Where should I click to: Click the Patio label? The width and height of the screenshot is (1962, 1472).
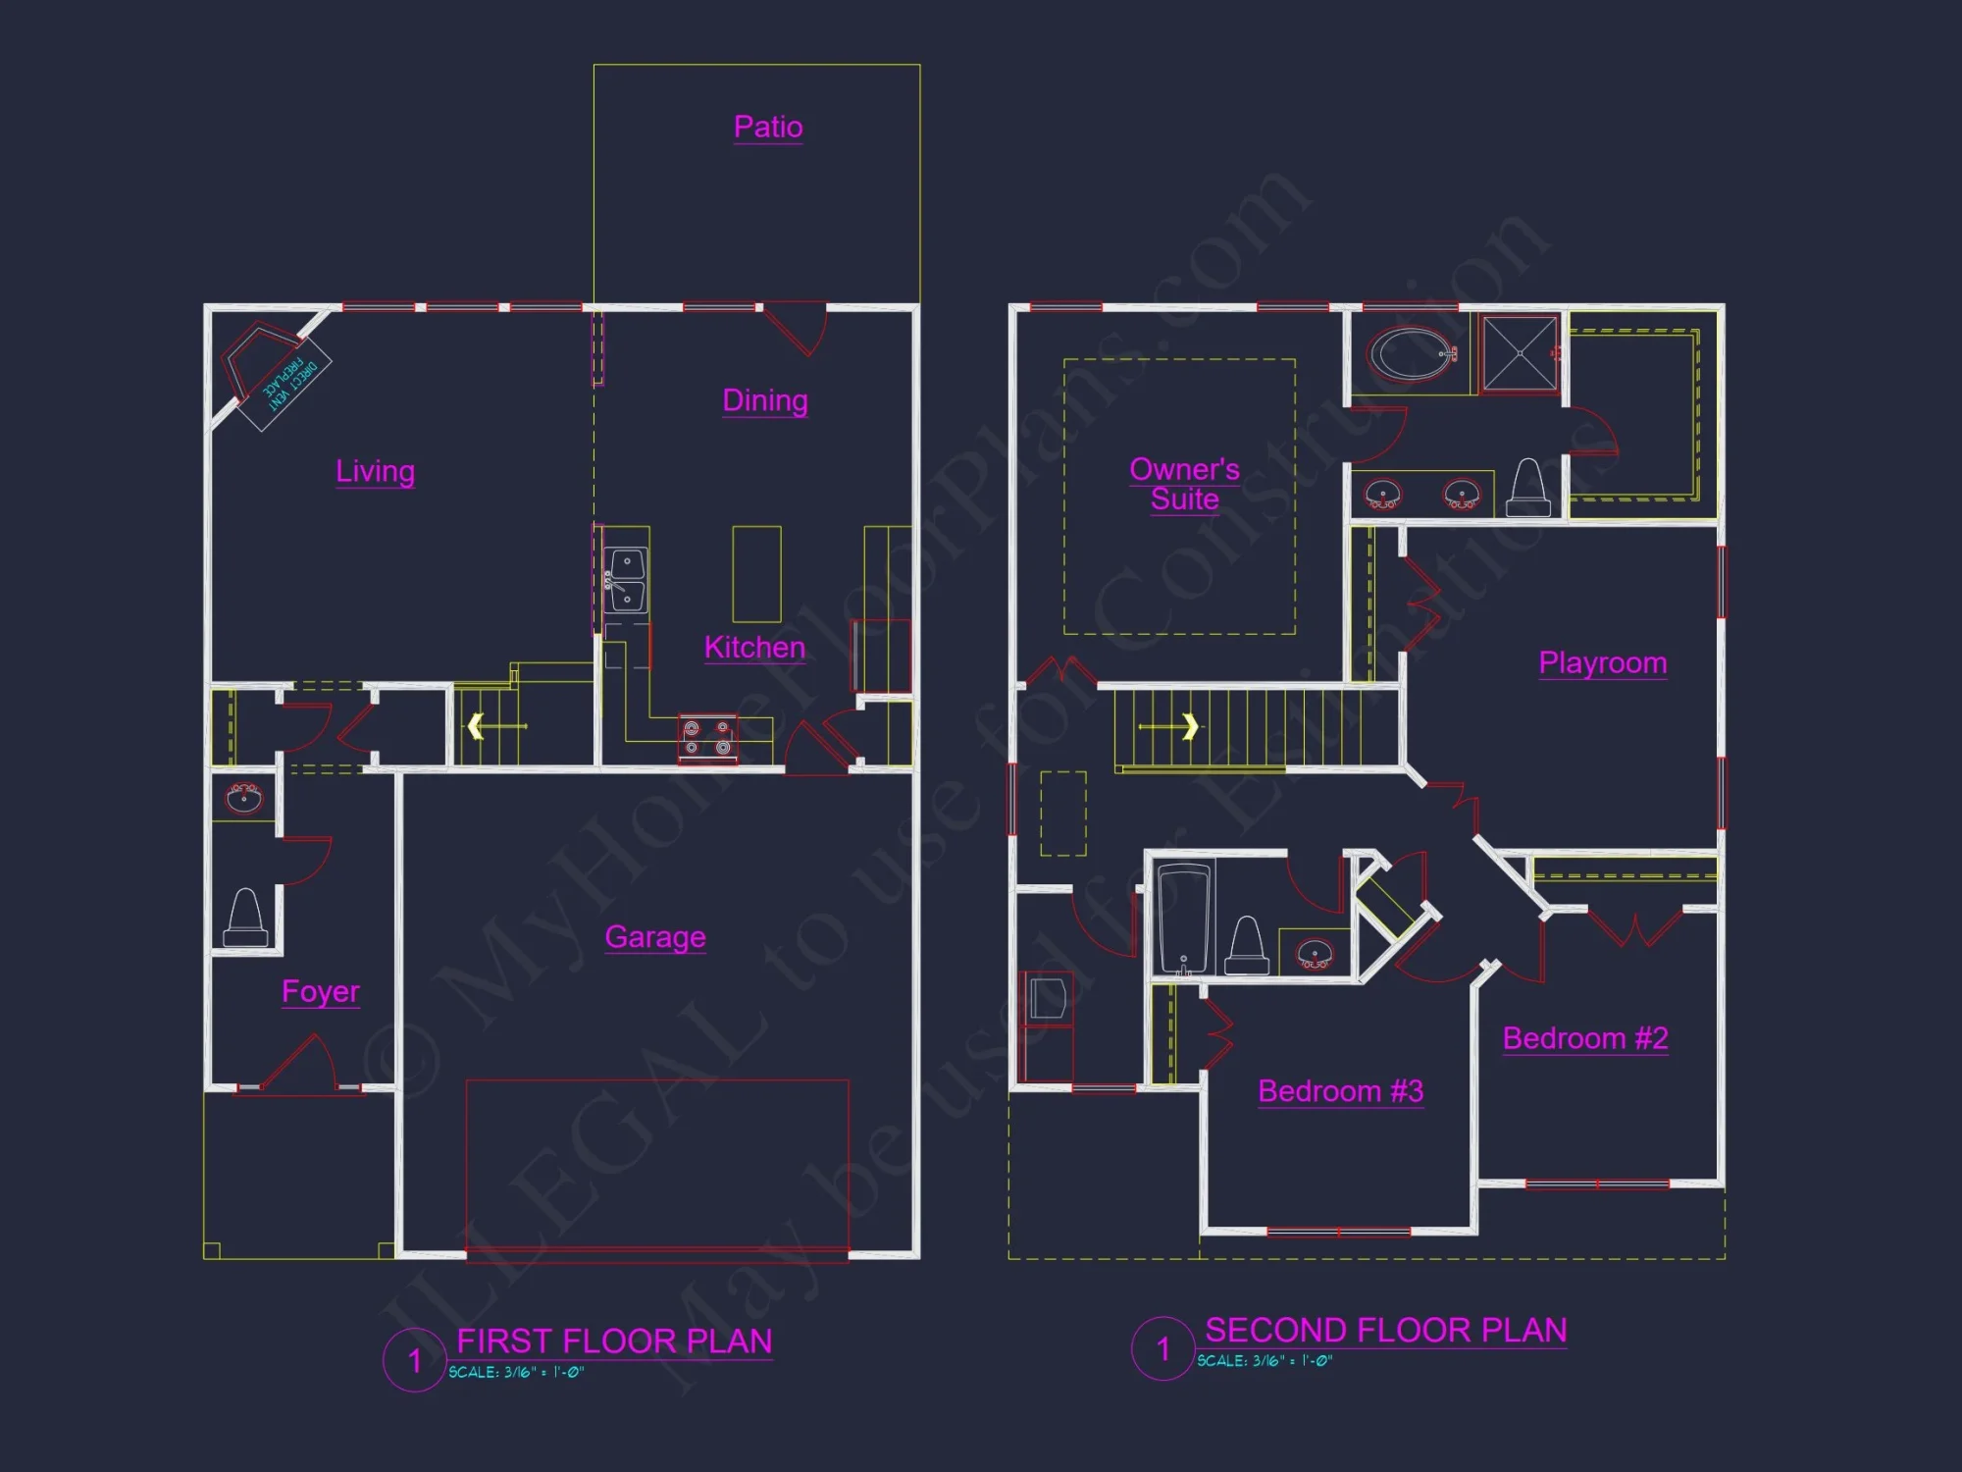768,127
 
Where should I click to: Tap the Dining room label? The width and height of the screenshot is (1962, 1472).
765,400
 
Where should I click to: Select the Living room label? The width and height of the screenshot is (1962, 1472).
375,471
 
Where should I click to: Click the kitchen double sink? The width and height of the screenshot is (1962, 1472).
626,580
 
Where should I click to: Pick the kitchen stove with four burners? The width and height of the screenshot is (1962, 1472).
707,739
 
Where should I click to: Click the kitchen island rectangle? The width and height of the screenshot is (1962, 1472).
756,574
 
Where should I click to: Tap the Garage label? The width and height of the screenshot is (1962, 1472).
655,937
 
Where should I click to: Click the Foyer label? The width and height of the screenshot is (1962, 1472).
321,991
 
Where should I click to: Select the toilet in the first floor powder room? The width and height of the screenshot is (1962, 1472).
245,918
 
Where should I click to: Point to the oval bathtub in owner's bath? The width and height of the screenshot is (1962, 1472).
1412,354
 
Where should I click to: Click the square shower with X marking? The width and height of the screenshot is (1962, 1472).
1520,353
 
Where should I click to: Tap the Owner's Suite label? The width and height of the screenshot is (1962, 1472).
1184,484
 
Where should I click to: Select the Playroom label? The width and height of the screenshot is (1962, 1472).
1602,663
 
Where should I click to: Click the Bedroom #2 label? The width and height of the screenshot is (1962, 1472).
1584,1038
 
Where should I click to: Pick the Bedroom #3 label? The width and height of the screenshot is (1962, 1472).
1340,1091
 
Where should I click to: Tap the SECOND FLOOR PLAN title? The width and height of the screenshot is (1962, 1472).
1385,1331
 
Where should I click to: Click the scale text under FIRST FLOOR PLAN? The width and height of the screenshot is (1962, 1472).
516,1372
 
